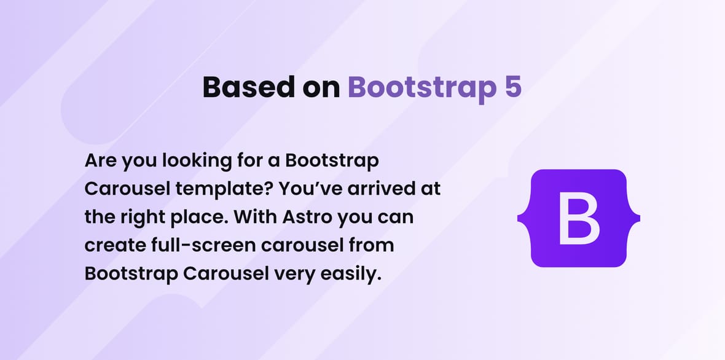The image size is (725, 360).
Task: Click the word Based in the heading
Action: (x=249, y=87)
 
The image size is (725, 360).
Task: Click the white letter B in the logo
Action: (x=579, y=218)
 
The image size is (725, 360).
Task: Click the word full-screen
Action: (x=203, y=245)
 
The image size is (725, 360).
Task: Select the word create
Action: (x=115, y=245)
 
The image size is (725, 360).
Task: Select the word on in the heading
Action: (x=321, y=88)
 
